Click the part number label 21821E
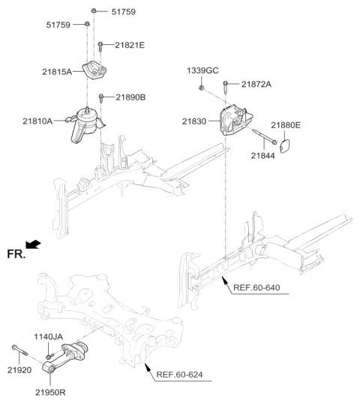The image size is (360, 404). click(130, 46)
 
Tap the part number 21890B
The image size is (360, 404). click(130, 97)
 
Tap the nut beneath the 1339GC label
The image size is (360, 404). click(202, 88)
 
